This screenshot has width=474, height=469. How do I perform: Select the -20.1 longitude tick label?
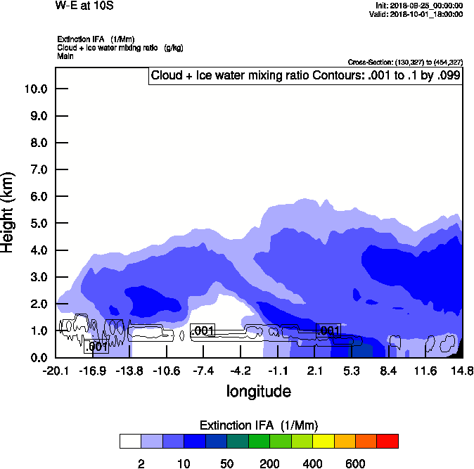[x=56, y=371]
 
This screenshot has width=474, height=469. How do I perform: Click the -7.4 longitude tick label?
[x=203, y=371]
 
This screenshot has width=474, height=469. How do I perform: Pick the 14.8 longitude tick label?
[x=462, y=371]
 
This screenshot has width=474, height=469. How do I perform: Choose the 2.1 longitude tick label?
[x=314, y=371]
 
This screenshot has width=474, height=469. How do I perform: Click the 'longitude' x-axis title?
[x=258, y=391]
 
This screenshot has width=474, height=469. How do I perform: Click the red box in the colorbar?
[x=387, y=441]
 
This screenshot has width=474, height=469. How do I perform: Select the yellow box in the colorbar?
[x=323, y=441]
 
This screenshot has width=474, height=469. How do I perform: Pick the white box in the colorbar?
[x=130, y=441]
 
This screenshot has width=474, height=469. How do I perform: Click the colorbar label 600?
[x=356, y=463]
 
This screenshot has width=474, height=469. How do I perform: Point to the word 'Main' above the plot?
[x=65, y=56]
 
